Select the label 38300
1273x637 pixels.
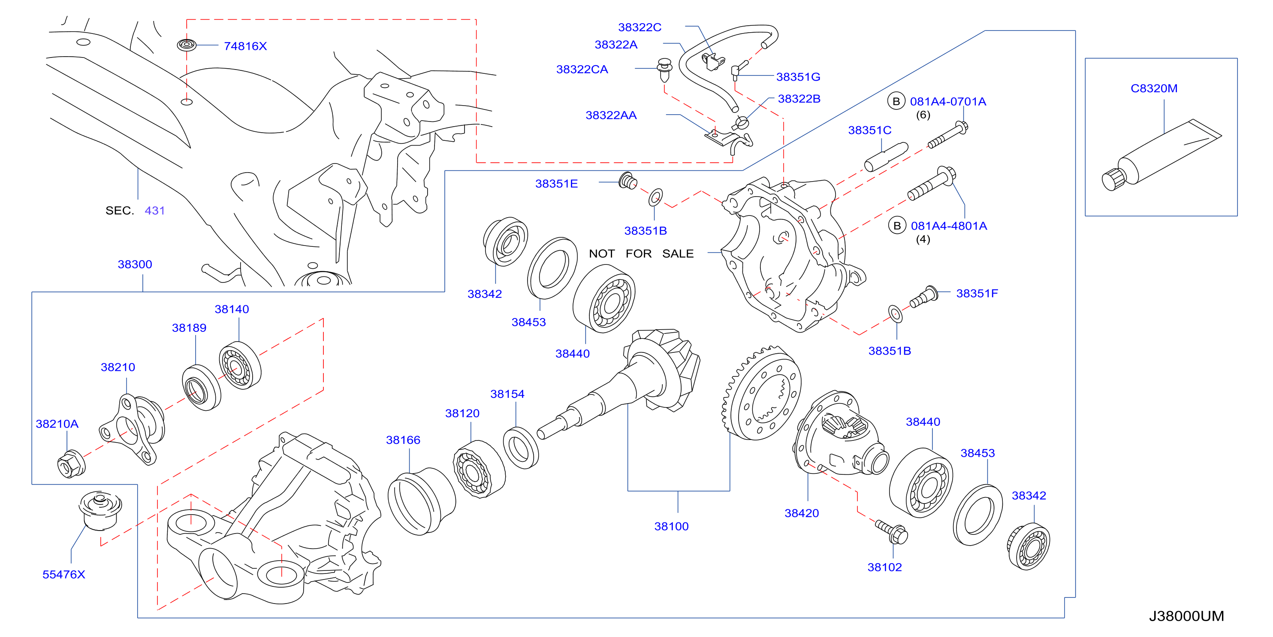coord(135,264)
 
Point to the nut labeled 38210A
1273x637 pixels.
coord(71,464)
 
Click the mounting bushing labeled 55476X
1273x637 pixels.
coord(100,510)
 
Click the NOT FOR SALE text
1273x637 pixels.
coord(641,254)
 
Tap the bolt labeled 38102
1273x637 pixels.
coord(892,532)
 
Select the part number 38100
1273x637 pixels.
coord(671,526)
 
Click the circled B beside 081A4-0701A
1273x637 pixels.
coord(896,101)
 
